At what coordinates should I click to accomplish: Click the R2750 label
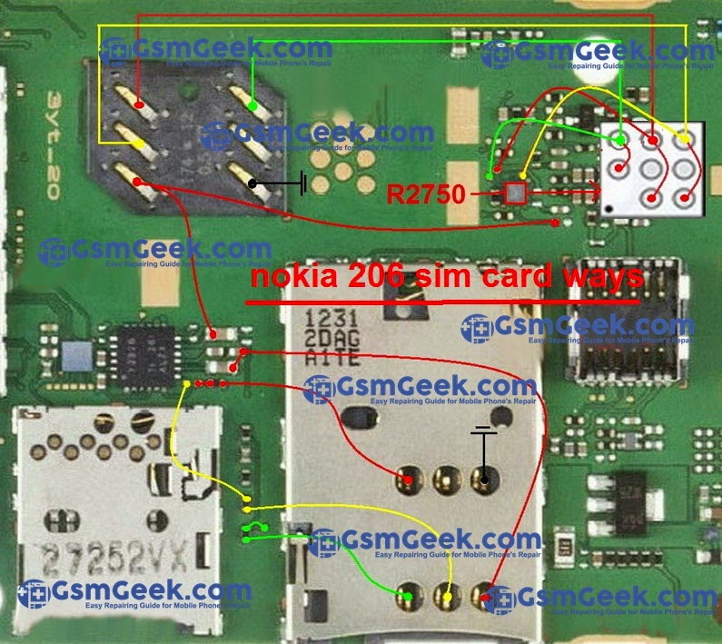[425, 193]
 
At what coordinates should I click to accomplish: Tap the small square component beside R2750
[515, 193]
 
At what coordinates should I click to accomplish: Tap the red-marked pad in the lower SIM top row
[409, 479]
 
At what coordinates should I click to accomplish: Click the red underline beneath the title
[444, 301]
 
